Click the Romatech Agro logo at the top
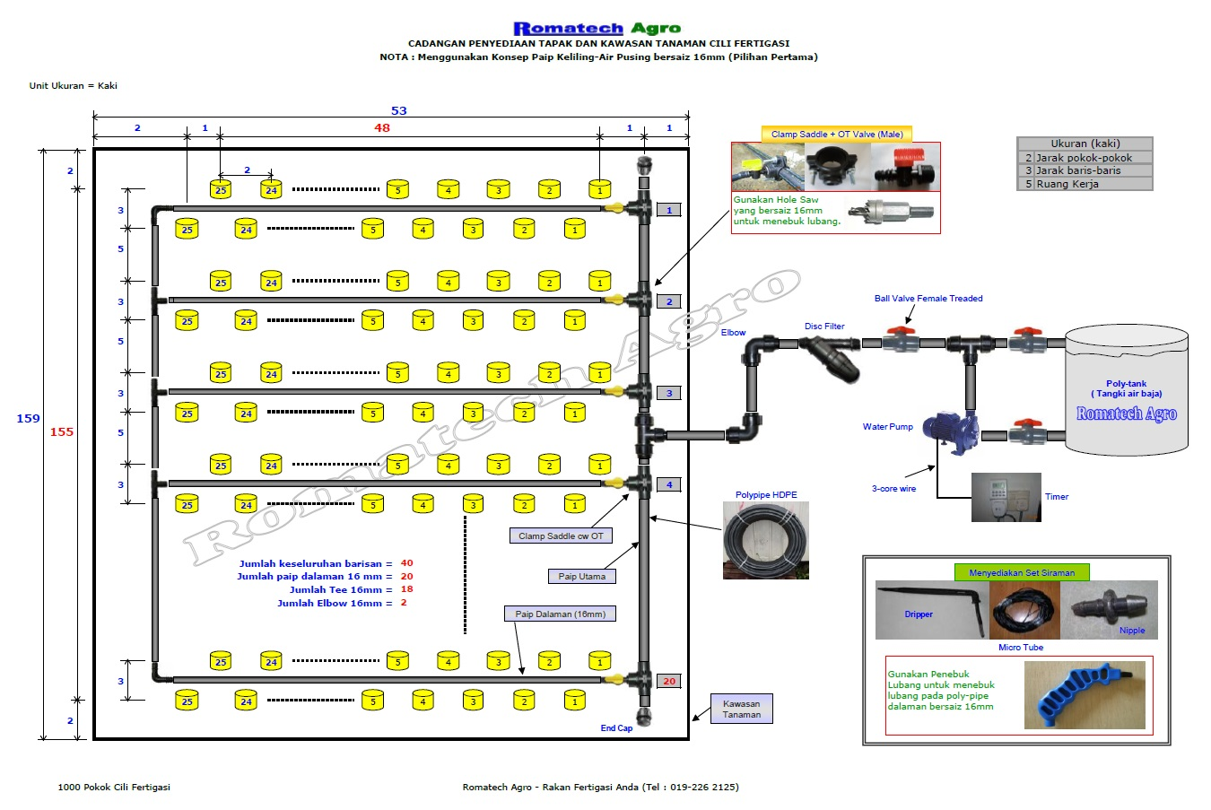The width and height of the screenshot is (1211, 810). [597, 28]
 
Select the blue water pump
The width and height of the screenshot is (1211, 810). [950, 431]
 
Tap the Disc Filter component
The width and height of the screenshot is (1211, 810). [830, 357]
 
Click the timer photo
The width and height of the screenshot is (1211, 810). [1006, 498]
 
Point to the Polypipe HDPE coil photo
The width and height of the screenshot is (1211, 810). [766, 540]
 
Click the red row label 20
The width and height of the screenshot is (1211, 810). [669, 682]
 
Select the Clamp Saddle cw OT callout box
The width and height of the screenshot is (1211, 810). [561, 536]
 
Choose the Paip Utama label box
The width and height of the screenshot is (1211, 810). [581, 577]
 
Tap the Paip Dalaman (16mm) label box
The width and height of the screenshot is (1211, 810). [560, 614]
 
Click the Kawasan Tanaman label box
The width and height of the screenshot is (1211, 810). [741, 709]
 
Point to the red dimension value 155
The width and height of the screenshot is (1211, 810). [62, 432]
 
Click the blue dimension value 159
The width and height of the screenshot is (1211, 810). [28, 419]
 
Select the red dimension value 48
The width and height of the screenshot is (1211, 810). [381, 128]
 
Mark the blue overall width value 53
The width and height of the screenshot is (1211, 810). [398, 111]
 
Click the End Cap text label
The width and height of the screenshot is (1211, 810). [616, 728]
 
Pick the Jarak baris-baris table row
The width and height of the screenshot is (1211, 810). [1085, 170]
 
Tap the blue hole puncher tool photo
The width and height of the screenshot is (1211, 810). [1085, 695]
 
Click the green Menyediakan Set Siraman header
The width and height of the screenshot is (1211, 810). [1022, 572]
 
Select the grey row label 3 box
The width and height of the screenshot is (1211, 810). [669, 393]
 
